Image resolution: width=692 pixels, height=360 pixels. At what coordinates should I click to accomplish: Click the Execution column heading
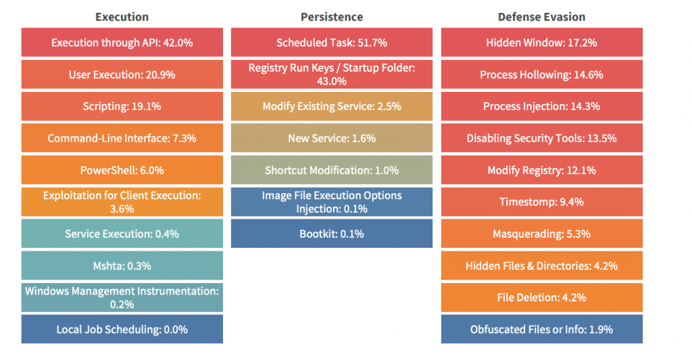coord(122,17)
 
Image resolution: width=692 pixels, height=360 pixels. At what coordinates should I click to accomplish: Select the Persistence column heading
coord(331,17)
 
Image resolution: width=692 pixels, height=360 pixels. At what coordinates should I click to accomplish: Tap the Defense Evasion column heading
coord(541,17)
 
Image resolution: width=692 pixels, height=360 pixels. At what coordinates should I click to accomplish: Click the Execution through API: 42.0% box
coord(122,43)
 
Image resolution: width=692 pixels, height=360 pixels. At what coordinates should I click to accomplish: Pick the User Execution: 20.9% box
coord(122,74)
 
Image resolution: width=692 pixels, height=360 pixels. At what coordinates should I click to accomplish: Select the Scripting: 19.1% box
coord(122,106)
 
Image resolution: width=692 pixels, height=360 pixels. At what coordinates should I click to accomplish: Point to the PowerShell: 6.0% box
coord(122,170)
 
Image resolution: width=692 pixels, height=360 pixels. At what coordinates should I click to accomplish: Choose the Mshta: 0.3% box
coord(122,265)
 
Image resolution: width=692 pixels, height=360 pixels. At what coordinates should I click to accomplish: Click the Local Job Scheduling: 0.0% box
coord(122,330)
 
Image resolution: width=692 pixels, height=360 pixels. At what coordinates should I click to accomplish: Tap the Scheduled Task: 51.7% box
coord(331,43)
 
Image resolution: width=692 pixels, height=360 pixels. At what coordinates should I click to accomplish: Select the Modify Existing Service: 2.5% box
coord(331,106)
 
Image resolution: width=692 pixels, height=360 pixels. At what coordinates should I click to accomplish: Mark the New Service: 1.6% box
coord(331,138)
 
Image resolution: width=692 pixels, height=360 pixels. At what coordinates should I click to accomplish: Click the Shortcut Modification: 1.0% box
coord(331,170)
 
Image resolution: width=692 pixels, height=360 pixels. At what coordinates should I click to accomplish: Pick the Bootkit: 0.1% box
coord(331,234)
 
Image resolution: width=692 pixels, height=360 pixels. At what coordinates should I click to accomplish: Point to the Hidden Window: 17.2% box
coord(541,43)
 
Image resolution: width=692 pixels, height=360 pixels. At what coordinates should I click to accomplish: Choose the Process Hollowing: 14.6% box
coord(541,74)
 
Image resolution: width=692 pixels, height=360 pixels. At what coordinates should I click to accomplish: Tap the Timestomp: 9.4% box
coord(541,202)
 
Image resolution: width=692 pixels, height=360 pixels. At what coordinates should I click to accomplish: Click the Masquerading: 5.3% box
coord(541,234)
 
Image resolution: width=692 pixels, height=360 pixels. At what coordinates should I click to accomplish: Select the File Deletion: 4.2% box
coord(541,297)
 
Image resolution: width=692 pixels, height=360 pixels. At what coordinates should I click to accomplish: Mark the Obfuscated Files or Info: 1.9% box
coord(541,330)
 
